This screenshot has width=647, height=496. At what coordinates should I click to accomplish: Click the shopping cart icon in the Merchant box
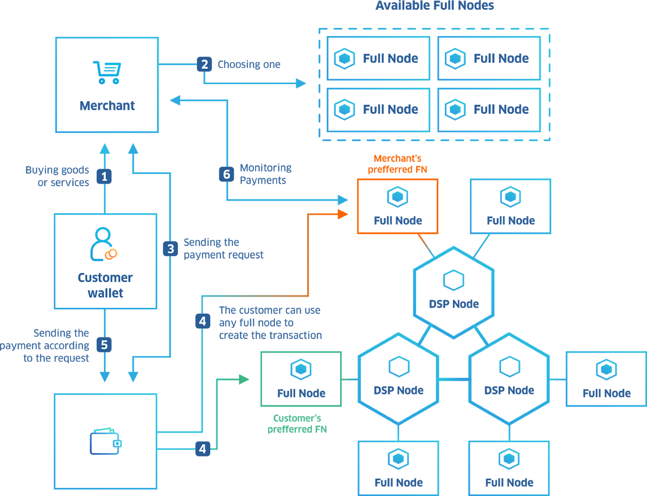coord(107,73)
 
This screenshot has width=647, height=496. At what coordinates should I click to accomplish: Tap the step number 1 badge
coord(104,176)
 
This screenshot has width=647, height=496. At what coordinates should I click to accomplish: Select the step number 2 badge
coord(204,64)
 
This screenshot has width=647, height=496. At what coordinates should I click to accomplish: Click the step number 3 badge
coord(170,249)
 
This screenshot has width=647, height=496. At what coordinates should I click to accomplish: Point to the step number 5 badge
coord(104,345)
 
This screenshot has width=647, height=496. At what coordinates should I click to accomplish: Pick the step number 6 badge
coord(226,174)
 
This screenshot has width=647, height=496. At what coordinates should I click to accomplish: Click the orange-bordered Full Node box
coord(398,206)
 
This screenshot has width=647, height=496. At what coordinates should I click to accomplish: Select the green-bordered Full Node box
coord(301,379)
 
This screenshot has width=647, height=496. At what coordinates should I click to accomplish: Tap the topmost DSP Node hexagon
coord(454,292)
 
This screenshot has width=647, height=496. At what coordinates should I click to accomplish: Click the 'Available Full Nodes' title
coord(434,6)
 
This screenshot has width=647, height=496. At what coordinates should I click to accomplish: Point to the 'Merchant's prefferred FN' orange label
coord(398,164)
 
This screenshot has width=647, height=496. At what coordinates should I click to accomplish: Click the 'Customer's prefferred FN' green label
coord(297,424)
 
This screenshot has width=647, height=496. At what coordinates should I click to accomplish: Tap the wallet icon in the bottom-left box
coord(106,442)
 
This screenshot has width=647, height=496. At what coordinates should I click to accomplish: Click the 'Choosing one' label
coord(249,65)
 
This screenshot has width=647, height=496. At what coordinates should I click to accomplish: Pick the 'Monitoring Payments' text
coord(265,174)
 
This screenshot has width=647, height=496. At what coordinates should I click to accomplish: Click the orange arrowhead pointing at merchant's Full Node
coord(343,214)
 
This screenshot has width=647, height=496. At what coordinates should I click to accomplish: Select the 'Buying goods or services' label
coord(57,176)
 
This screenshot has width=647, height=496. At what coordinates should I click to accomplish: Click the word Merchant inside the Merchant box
coord(107,106)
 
